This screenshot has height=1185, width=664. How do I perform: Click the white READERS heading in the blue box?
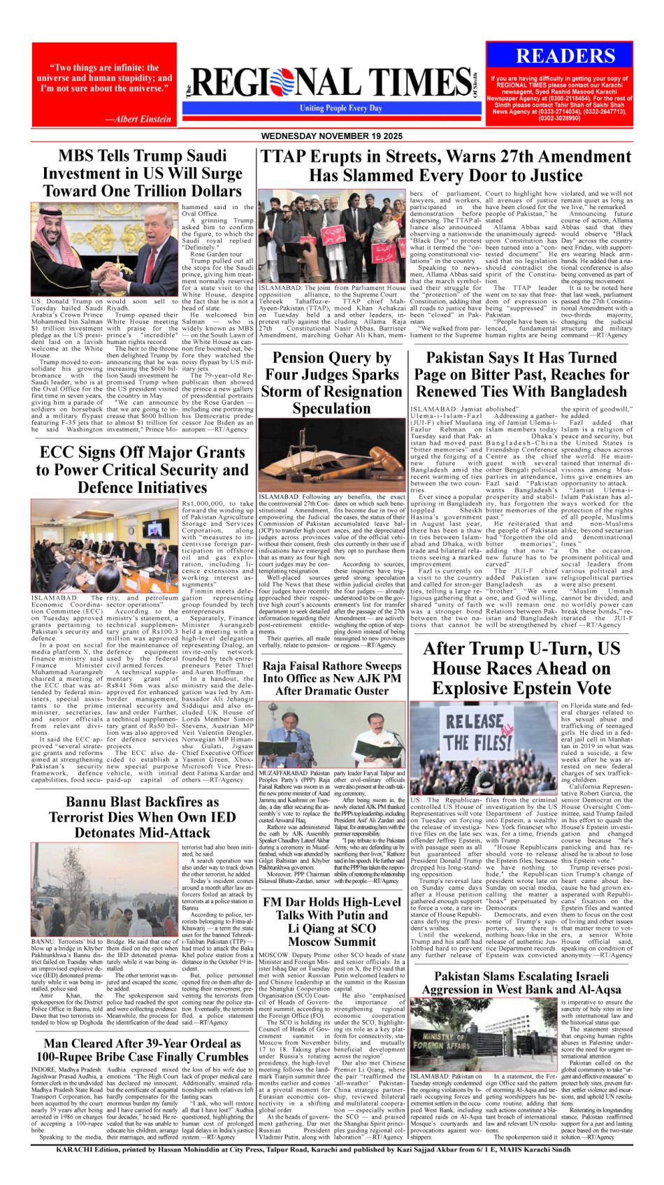[565, 57]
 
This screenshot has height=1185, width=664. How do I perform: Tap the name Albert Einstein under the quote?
[138, 119]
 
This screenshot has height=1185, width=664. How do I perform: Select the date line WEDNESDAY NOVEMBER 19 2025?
[332, 136]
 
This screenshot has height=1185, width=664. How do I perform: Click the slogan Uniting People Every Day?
[341, 108]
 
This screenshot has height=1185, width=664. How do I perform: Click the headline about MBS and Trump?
[142, 173]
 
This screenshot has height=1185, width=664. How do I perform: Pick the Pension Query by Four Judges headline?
[331, 383]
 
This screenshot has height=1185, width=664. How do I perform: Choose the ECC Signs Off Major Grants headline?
[142, 470]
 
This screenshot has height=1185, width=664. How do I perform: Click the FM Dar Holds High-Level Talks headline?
[331, 921]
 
